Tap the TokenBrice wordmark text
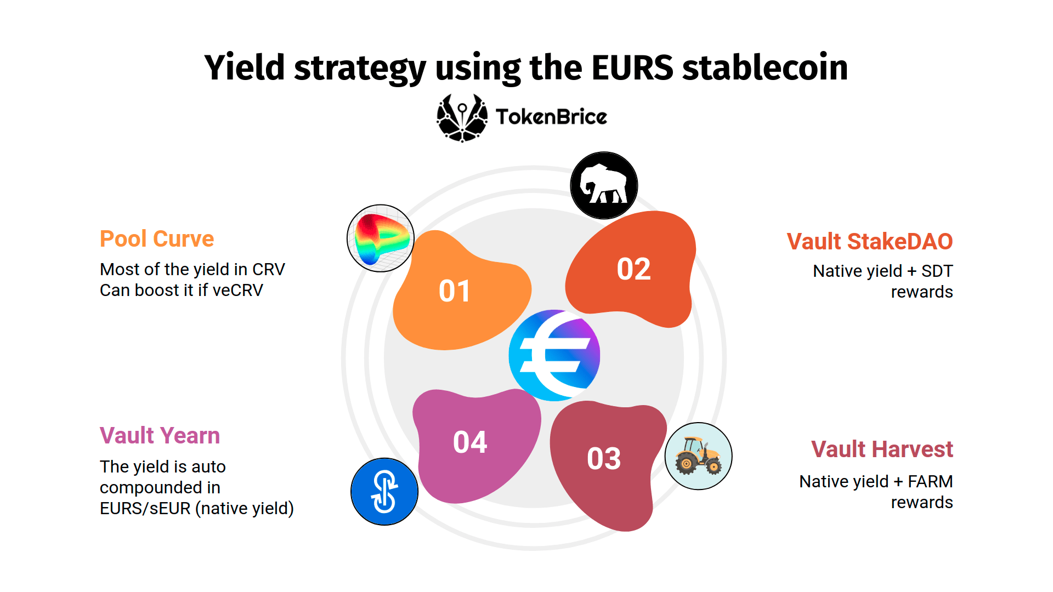pos(551,117)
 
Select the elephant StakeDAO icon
pos(604,185)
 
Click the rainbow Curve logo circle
pos(381,238)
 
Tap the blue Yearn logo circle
pos(384,492)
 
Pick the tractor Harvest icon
pos(698,456)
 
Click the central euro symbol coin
pos(554,355)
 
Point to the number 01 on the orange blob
pos(455,291)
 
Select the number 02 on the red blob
pos(633,269)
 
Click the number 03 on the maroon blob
pos(604,459)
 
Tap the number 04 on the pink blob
pos(470,442)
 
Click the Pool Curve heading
pos(157,239)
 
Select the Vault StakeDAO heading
pos(869,242)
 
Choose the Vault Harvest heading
pos(882,449)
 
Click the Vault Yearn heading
pos(160,436)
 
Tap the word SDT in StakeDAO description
pos(937,271)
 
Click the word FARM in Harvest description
pos(930,482)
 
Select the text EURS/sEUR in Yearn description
pos(145,509)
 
